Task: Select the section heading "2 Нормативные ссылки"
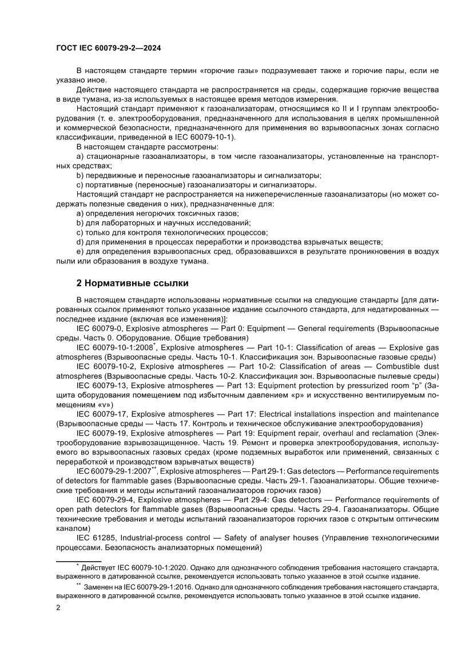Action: tap(133, 283)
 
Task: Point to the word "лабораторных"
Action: tap(124, 222)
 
